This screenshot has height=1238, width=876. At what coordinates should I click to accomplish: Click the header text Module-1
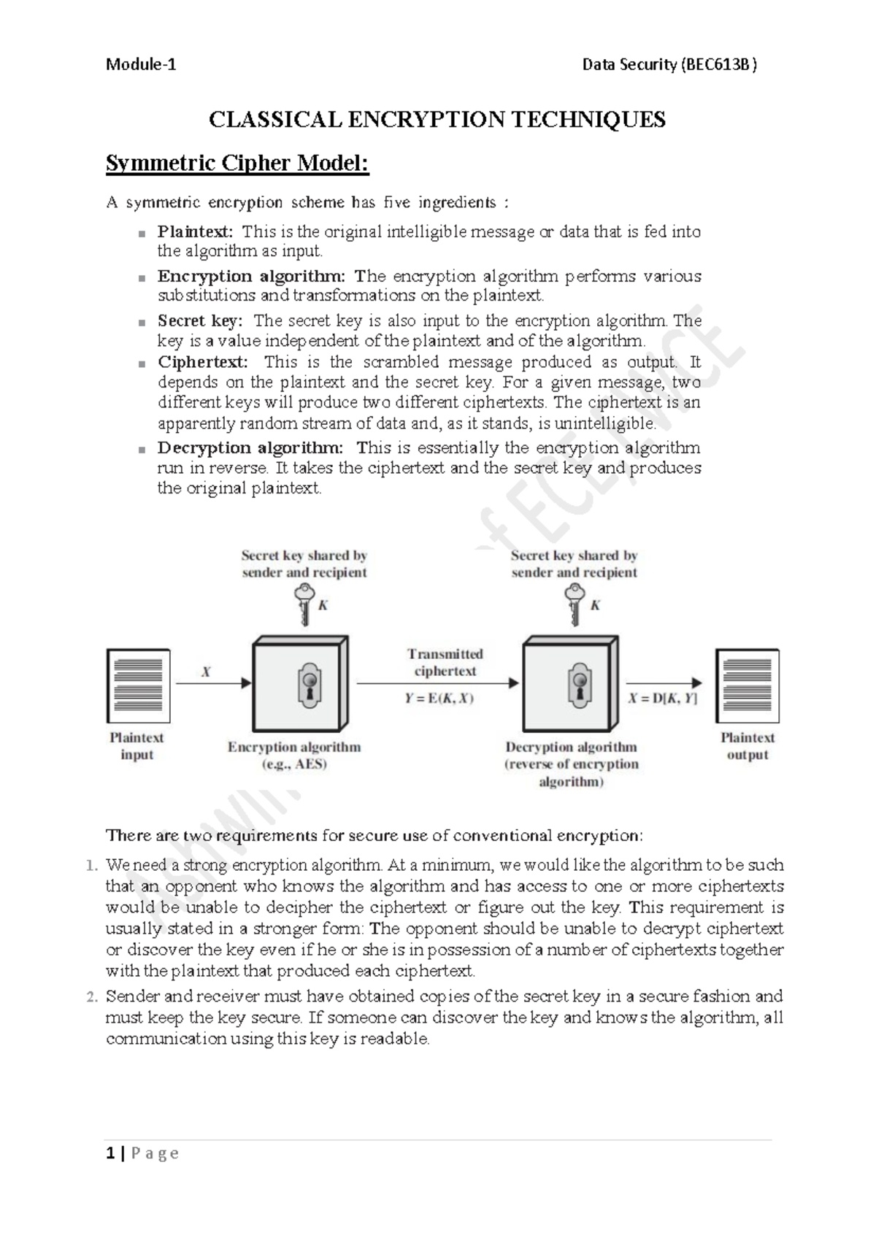click(x=141, y=64)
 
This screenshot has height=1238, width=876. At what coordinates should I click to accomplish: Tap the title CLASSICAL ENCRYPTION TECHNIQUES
click(x=437, y=119)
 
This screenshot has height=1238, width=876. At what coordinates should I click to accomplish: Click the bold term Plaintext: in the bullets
click(x=195, y=232)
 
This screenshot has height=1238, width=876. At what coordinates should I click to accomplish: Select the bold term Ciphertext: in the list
click(x=202, y=362)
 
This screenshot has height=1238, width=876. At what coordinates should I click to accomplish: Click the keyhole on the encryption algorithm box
click(x=310, y=685)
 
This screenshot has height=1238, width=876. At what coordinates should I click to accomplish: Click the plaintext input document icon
click(x=138, y=685)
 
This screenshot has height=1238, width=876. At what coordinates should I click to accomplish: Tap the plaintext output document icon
click(x=747, y=685)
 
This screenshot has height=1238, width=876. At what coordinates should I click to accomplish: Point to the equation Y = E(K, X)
click(x=439, y=699)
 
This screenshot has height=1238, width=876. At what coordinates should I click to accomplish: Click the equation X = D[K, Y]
click(x=663, y=699)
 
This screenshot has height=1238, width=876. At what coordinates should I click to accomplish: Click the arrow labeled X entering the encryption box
click(x=214, y=683)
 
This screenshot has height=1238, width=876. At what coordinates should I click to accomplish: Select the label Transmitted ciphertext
click(x=445, y=662)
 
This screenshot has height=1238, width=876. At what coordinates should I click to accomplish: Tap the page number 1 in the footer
click(x=110, y=1153)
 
